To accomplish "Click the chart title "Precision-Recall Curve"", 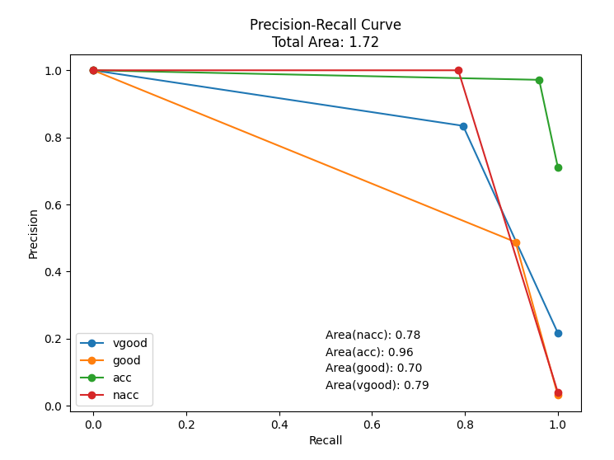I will tap(326, 25).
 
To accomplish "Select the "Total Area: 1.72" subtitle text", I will tap(326, 42).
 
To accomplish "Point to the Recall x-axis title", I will tap(326, 440).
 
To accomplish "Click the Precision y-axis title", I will tap(34, 233).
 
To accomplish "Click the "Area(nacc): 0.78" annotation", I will tap(373, 335).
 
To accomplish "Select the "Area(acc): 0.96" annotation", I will tap(369, 352).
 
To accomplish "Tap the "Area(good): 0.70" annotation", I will tap(373, 368).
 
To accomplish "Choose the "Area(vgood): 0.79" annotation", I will tap(377, 385).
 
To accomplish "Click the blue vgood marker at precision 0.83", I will tap(463, 126).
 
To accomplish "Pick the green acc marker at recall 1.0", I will tap(558, 167).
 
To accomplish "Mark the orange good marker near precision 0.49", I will tap(516, 242).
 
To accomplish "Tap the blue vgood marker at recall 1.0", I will tap(558, 333).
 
